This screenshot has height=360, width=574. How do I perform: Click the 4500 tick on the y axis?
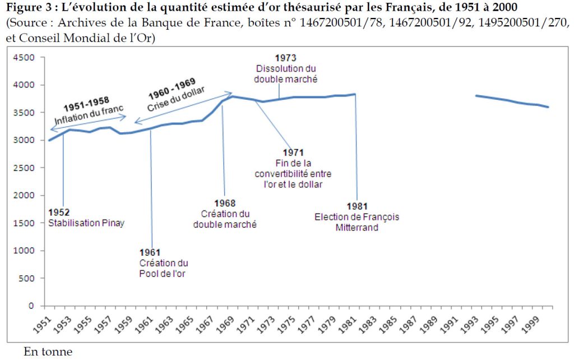pyautogui.click(x=25, y=57)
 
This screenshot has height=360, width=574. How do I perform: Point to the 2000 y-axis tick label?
pyautogui.click(x=25, y=196)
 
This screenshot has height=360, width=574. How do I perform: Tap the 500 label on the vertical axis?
pyautogui.click(x=27, y=279)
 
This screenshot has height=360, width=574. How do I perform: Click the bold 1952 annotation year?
pyautogui.click(x=59, y=213)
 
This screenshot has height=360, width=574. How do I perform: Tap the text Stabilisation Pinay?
pyautogui.click(x=86, y=223)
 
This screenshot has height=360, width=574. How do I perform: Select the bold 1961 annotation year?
pyautogui.click(x=150, y=253)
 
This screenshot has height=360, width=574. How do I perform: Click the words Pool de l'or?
pyautogui.click(x=163, y=273)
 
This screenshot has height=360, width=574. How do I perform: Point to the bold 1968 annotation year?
pyautogui.click(x=225, y=204)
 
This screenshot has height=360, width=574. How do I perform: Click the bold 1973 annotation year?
pyautogui.click(x=285, y=58)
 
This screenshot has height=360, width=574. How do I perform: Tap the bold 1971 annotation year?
pyautogui.click(x=294, y=153)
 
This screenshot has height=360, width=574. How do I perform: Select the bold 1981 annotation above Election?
pyautogui.click(x=357, y=206)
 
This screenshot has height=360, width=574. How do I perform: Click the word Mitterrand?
pyautogui.click(x=357, y=227)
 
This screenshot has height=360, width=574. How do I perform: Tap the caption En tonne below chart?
pyautogui.click(x=48, y=352)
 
